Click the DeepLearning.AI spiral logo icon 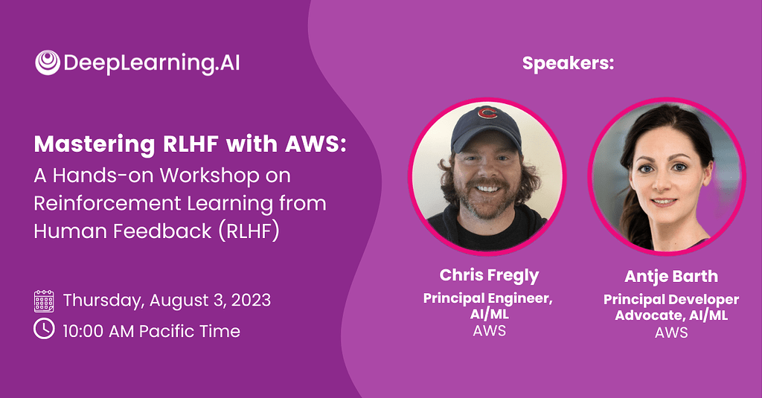(48, 62)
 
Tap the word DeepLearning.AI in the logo (152, 63)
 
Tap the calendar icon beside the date (45, 301)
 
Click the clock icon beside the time (45, 329)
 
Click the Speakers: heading (568, 63)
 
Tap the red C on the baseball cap (487, 113)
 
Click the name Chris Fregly (489, 275)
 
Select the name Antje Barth (671, 276)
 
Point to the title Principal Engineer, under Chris (489, 298)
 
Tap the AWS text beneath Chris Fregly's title (489, 331)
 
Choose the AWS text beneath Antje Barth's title (671, 333)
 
